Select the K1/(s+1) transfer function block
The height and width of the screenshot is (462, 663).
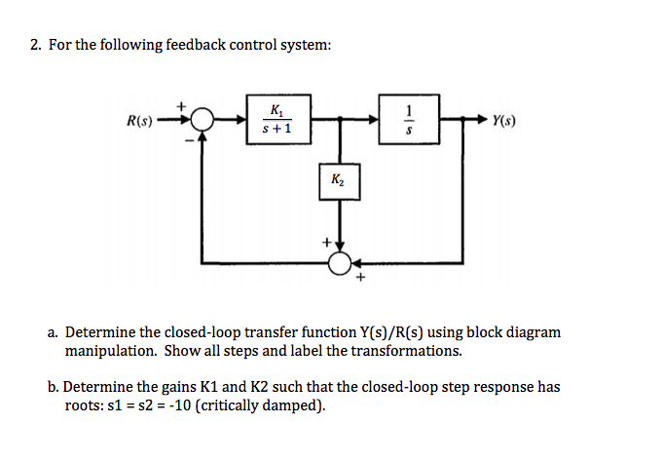[276, 120]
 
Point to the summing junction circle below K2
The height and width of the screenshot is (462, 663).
[341, 262]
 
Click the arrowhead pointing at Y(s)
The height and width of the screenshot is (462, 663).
[484, 122]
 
